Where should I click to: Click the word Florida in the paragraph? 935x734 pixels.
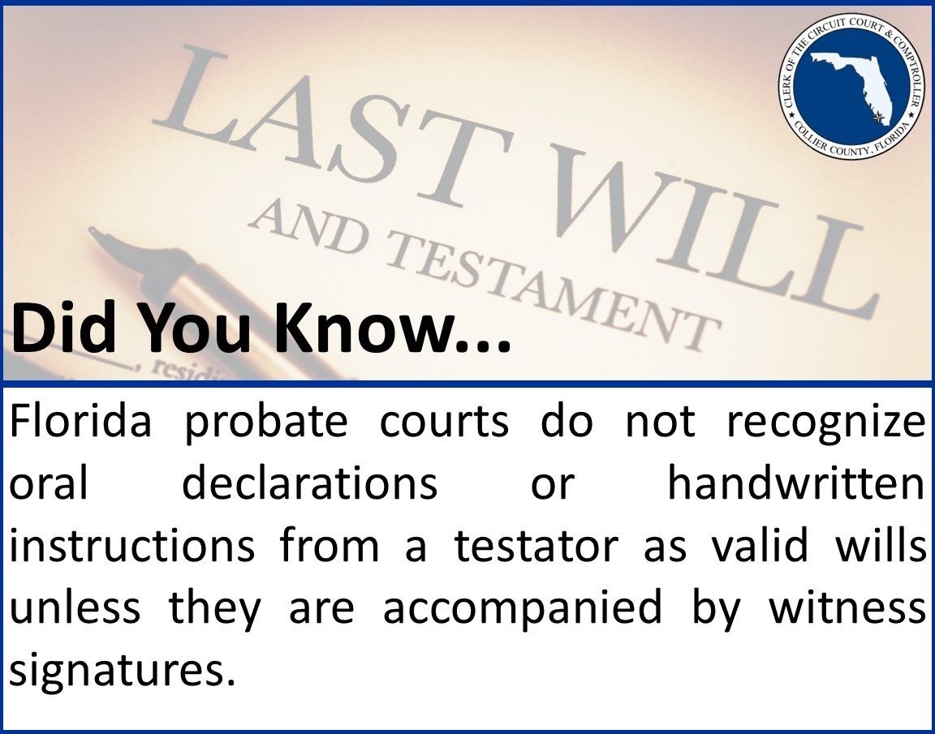[80, 421]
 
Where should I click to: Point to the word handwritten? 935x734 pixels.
[796, 483]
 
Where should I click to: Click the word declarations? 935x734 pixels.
[309, 483]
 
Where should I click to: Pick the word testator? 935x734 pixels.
[536, 546]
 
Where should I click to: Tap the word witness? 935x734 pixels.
[847, 607]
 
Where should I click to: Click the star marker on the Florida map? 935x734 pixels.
[877, 118]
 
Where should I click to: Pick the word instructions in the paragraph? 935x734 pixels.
[131, 546]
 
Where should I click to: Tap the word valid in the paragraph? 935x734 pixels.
[759, 544]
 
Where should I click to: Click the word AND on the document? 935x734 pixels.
[307, 230]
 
